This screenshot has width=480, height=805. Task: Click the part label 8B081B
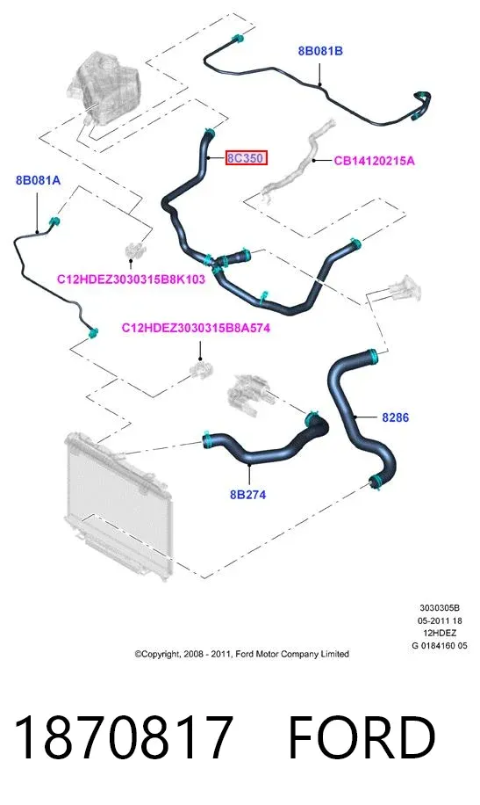click(320, 51)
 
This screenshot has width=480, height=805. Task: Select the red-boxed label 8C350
click(247, 158)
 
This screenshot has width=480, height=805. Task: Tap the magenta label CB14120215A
click(374, 161)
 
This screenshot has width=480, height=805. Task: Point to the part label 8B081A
click(38, 180)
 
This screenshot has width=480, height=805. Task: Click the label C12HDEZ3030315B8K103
click(131, 279)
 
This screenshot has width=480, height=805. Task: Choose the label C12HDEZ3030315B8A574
click(196, 328)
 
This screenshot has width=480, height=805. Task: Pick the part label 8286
click(396, 417)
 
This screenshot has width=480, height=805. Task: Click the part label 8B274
click(247, 495)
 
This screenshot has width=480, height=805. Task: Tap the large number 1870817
click(123, 737)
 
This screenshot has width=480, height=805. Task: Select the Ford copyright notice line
click(242, 654)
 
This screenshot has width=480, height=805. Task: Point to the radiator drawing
click(118, 505)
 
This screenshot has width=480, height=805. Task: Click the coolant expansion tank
click(105, 92)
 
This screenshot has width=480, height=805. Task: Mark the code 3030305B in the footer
click(440, 608)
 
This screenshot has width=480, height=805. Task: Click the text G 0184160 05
click(440, 646)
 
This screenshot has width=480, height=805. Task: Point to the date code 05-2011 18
click(440, 620)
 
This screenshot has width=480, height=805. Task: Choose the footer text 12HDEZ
click(440, 633)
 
